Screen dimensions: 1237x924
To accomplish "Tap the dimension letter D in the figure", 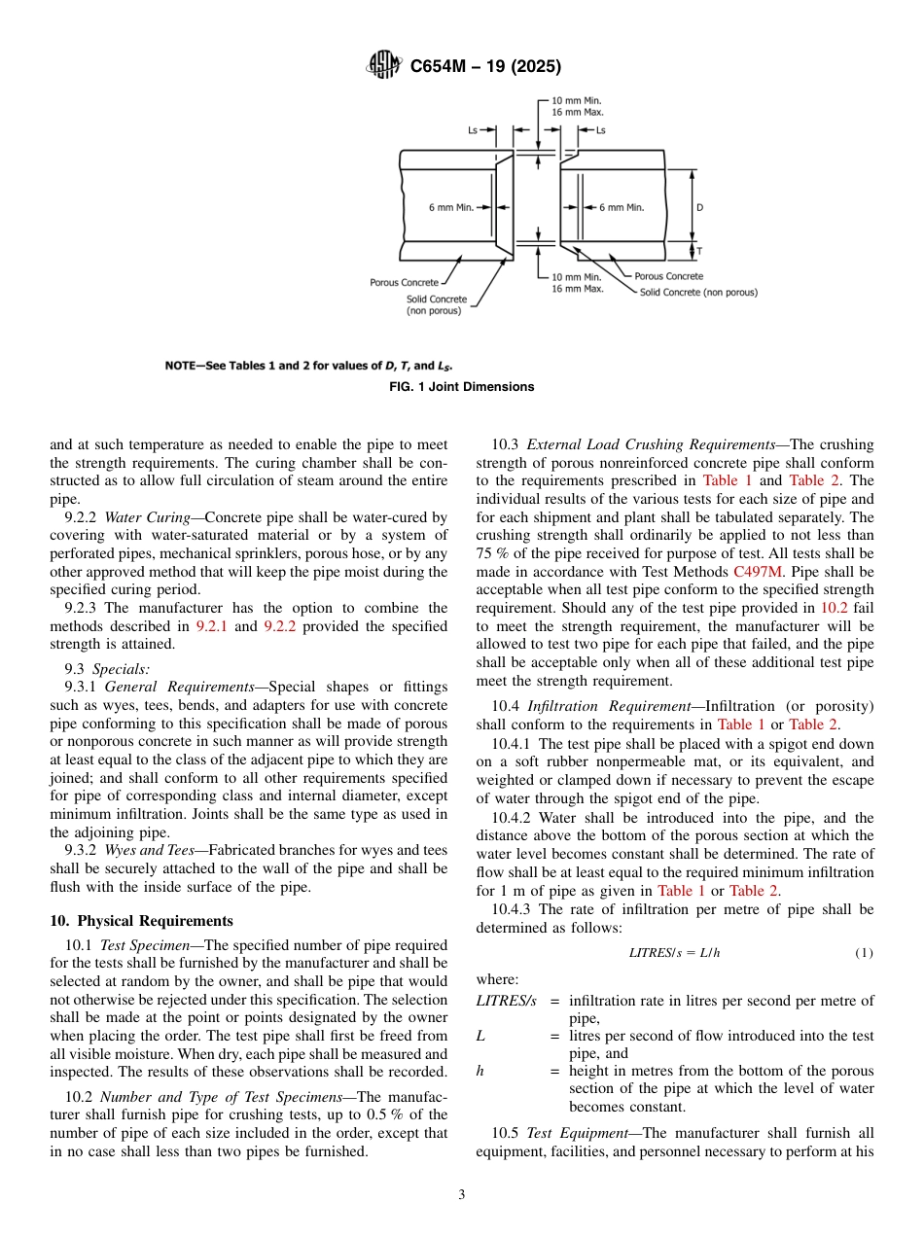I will tap(699, 207).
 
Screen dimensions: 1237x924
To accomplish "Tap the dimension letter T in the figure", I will tap(699, 251).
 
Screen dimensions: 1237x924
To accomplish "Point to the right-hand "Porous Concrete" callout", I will tap(668, 277).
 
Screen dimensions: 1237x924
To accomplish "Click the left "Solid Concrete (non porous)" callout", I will tap(435, 304).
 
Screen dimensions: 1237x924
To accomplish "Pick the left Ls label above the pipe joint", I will tap(472, 129).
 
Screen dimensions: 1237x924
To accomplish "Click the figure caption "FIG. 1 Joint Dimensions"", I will tap(462, 387).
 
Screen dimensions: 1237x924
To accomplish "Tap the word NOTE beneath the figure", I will tap(181, 366).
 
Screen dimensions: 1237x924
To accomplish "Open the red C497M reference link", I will tap(756, 572).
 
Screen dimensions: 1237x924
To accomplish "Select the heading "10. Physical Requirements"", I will tap(141, 921).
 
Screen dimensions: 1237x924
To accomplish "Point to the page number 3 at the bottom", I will tap(462, 1194).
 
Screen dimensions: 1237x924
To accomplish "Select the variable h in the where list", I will tap(480, 1071).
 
